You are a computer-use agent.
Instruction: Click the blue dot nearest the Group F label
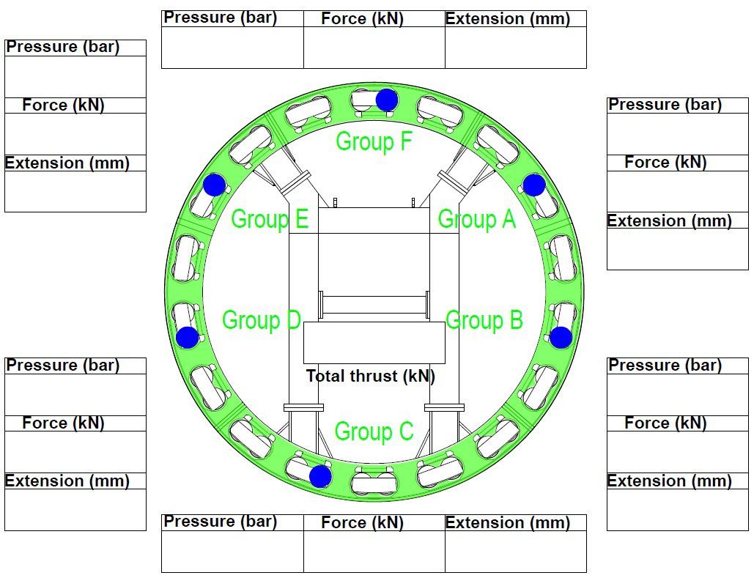pyautogui.click(x=387, y=100)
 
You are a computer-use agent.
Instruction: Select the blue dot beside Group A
pyautogui.click(x=533, y=185)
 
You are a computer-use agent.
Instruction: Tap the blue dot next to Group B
pyautogui.click(x=561, y=337)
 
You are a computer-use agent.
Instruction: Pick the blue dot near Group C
pyautogui.click(x=320, y=476)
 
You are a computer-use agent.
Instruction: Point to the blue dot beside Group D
pyautogui.click(x=188, y=337)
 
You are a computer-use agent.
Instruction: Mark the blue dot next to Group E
pyautogui.click(x=215, y=185)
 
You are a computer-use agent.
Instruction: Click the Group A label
pyautogui.click(x=476, y=220)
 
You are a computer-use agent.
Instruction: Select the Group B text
pyautogui.click(x=484, y=320)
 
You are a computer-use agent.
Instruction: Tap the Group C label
pyautogui.click(x=374, y=431)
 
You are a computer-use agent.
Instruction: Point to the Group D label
pyautogui.click(x=262, y=320)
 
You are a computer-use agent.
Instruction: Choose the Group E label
pyautogui.click(x=270, y=220)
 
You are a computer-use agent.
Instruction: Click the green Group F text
pyautogui.click(x=374, y=142)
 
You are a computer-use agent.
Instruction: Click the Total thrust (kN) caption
pyautogui.click(x=370, y=376)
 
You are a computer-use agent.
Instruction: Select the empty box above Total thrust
pyautogui.click(x=374, y=342)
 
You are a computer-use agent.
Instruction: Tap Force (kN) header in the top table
pyautogui.click(x=362, y=19)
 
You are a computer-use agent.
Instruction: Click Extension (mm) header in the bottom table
pyautogui.click(x=508, y=523)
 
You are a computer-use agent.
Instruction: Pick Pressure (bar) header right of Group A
pyautogui.click(x=665, y=104)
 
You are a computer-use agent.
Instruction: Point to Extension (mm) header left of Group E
pyautogui.click(x=67, y=163)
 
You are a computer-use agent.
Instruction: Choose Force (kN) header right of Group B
pyautogui.click(x=665, y=423)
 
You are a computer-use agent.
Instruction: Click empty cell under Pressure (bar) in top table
pyautogui.click(x=233, y=47)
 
